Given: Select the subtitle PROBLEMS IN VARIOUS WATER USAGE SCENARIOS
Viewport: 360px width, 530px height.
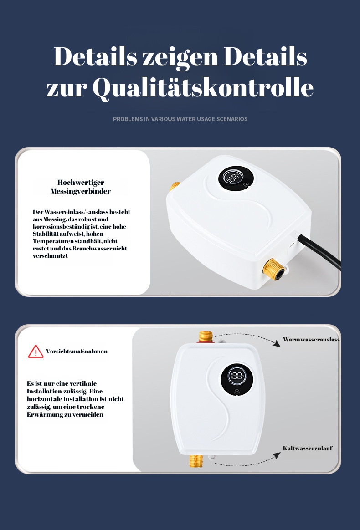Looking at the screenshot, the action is (x=180, y=119).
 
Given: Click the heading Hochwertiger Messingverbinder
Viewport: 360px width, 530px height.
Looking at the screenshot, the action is (x=81, y=187).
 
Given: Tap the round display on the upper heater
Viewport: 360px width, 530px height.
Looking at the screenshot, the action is (x=236, y=178).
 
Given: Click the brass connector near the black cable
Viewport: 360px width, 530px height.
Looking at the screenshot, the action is (x=274, y=270).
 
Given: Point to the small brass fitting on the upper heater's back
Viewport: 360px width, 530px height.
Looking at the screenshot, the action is (x=175, y=186).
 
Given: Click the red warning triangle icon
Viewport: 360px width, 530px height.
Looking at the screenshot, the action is (x=36, y=352).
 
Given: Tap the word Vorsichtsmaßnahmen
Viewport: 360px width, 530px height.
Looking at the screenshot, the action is (x=77, y=351).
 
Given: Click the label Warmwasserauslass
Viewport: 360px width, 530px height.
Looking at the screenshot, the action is (x=311, y=339).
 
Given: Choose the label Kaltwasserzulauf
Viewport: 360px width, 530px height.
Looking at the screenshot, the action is (x=308, y=448).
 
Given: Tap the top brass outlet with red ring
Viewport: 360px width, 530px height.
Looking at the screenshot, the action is (x=206, y=337).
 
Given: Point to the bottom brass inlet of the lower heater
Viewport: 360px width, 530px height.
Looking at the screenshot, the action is (x=196, y=461).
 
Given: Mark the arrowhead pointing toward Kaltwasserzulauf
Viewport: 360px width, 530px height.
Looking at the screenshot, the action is (x=277, y=456).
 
